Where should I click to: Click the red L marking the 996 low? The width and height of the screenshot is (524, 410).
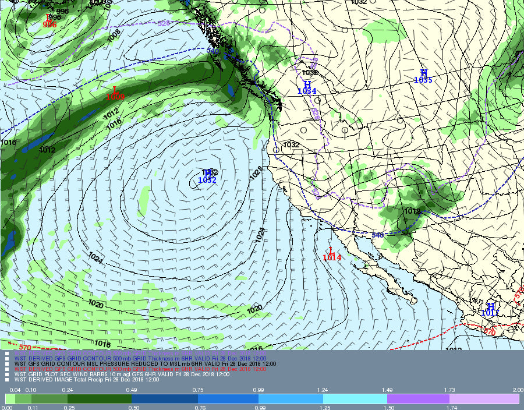pos(48,18)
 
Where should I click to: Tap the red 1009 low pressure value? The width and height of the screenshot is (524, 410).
pos(115,97)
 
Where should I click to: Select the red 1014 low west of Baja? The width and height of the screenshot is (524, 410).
pos(332,257)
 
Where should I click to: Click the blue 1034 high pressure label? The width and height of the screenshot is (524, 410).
pos(307,91)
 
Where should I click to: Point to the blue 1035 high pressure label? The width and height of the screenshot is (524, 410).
pos(423,80)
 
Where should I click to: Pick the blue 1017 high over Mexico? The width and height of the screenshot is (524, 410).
pos(490,313)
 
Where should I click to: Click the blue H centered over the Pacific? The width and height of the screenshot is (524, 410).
pos(206,173)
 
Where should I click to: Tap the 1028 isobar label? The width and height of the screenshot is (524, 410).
pos(257,172)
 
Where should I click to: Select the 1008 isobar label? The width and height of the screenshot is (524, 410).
pos(114,36)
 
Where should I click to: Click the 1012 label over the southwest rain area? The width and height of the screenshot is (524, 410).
pos(412,211)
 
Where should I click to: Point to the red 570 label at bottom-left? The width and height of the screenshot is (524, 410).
pos(24,347)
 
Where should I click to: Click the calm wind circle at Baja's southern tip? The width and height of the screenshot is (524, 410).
pos(414,301)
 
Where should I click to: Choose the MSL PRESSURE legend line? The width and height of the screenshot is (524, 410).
pos(146,363)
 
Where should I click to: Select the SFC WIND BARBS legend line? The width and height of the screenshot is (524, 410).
pos(116,374)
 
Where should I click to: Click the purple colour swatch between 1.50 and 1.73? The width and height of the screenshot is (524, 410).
pos(418,399)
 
